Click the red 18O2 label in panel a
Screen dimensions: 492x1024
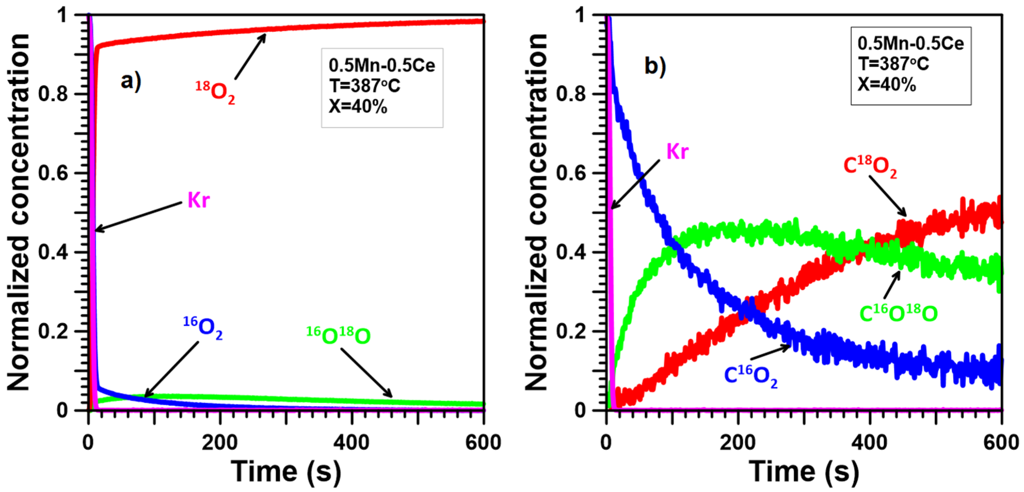215,92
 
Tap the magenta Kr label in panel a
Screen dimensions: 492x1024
198,200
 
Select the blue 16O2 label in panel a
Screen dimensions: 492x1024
203,328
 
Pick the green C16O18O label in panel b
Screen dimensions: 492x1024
898,314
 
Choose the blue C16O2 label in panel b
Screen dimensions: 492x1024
750,375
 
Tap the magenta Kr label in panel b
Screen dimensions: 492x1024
677,151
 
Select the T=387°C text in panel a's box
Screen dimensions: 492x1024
364,86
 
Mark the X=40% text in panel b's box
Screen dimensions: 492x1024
886,84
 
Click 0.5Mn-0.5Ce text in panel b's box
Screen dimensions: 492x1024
910,43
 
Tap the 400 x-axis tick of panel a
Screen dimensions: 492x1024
351,442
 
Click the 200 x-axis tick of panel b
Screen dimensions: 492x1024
738,442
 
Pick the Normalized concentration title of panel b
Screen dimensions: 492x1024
537,213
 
